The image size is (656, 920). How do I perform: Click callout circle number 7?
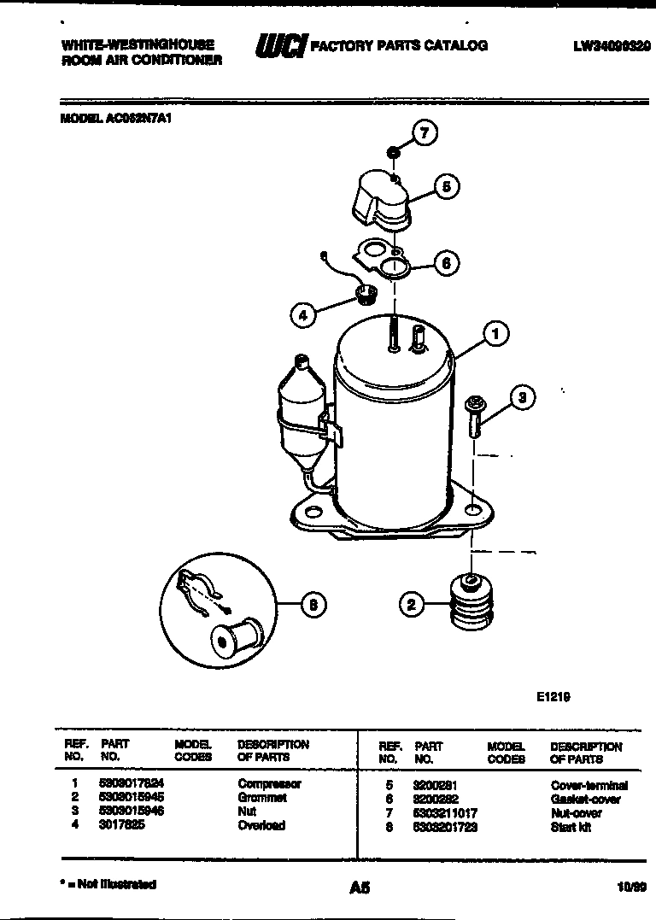point(425,132)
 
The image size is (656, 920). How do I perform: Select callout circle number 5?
point(445,186)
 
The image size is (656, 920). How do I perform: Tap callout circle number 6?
point(445,262)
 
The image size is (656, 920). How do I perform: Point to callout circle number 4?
point(302,315)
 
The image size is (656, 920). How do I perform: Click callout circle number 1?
point(495,334)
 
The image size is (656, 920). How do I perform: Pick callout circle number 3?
point(524,396)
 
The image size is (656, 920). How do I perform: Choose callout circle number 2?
point(412,605)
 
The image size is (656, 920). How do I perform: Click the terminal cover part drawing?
point(380,199)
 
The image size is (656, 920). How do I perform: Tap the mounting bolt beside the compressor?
point(473,417)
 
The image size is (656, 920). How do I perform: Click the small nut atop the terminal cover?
point(393,152)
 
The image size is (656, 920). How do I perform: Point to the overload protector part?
point(365,297)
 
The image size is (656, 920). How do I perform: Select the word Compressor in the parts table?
point(269,783)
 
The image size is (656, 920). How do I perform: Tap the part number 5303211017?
point(445,813)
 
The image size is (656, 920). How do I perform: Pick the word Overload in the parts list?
point(261,825)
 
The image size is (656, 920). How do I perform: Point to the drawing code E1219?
point(553,696)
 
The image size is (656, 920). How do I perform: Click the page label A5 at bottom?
point(360,888)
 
